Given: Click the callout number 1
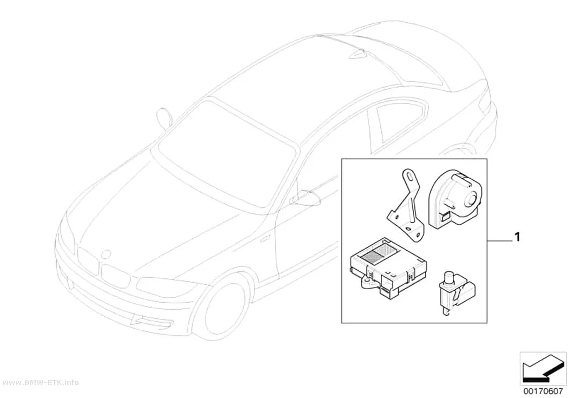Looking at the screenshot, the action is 517,237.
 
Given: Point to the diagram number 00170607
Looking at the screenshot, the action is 543,392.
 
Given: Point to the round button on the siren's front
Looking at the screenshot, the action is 471,199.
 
